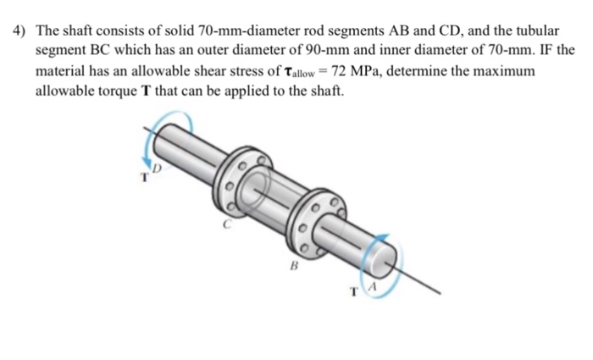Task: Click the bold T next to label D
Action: (145, 177)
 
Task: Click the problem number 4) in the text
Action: (20, 30)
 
